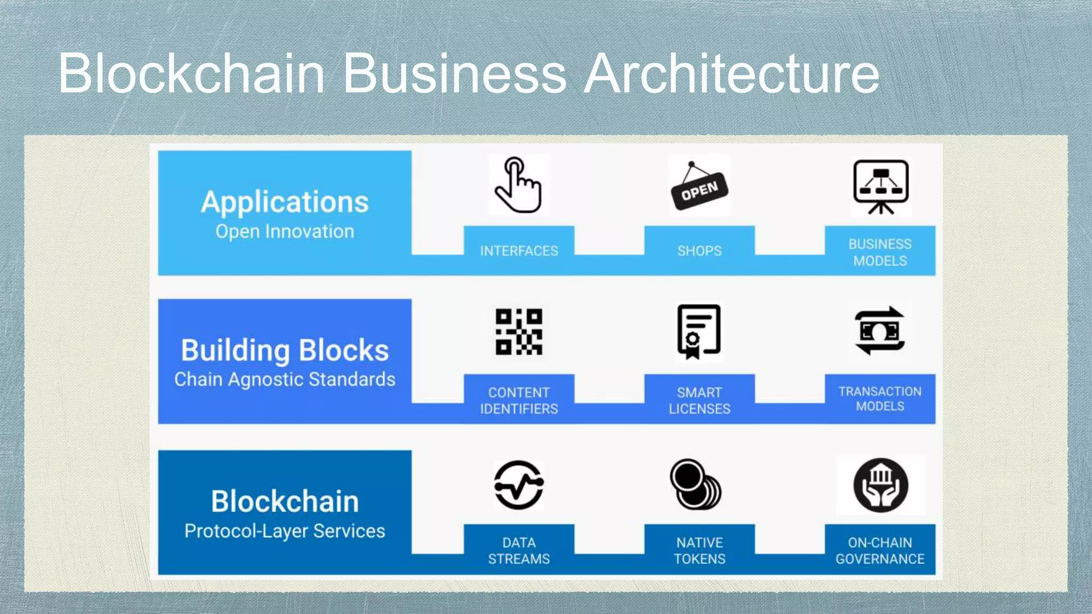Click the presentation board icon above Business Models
[880, 186]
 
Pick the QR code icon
[518, 332]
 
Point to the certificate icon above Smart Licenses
[698, 331]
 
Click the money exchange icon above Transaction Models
[880, 331]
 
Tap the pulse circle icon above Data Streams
[518, 485]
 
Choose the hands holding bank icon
[880, 485]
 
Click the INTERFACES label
[519, 251]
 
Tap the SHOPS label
[699, 251]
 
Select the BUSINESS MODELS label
[880, 252]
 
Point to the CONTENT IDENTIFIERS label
[519, 400]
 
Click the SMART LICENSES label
[699, 400]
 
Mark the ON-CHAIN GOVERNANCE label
[880, 551]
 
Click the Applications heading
[285, 202]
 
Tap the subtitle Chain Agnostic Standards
[285, 379]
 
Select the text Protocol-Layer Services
[285, 531]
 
